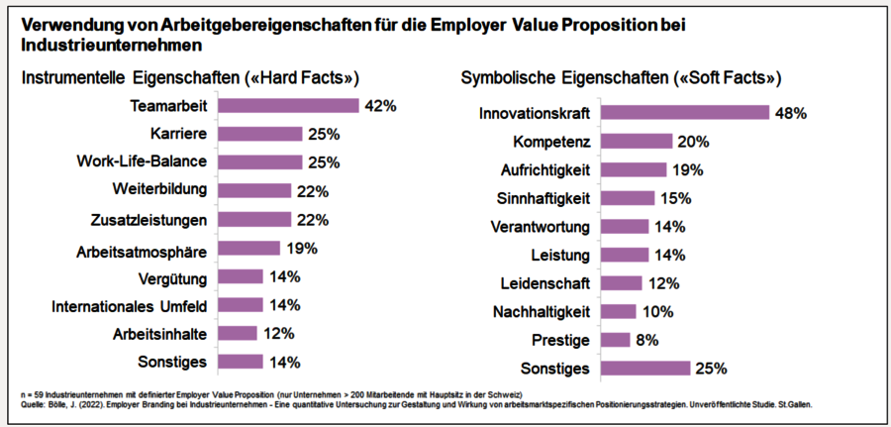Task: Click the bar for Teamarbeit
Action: [287, 105]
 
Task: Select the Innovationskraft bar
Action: [685, 113]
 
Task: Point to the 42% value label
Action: [381, 105]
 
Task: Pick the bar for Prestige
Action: [616, 341]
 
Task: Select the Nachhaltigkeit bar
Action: [619, 312]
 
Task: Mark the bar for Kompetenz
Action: [637, 142]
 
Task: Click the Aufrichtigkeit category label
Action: [544, 170]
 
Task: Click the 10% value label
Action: [659, 312]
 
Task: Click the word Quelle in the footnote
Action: [31, 404]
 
